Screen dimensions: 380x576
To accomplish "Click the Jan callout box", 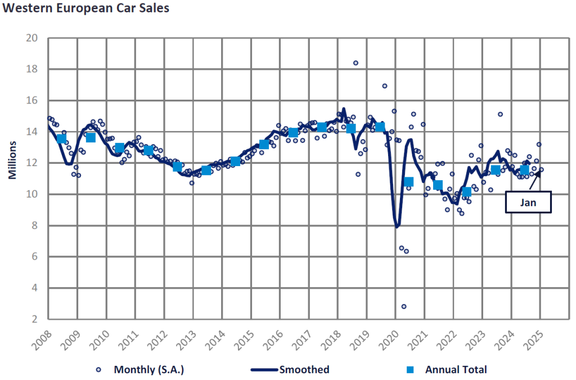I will (528, 202).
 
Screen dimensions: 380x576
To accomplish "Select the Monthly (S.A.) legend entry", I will (141, 370).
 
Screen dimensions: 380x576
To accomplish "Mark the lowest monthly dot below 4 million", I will (404, 306).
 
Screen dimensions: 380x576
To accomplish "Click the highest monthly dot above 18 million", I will (355, 63).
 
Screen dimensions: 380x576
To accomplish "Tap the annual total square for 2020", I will (409, 181).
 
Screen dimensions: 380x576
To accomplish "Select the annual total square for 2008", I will (62, 138).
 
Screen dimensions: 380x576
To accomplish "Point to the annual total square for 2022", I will (466, 191).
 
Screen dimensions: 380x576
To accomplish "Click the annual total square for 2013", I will (206, 169).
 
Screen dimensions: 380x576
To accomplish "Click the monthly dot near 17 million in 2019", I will (385, 86).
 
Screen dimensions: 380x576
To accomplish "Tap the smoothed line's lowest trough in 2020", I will (397, 226).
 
